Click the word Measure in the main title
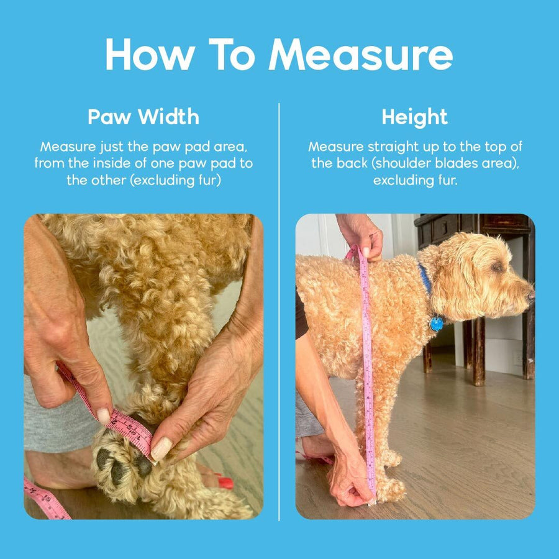tap(360, 54)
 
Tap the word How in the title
tap(150, 54)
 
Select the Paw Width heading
tap(143, 117)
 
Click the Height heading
tap(415, 117)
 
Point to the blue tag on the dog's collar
tap(436, 324)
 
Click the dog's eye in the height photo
tap(497, 266)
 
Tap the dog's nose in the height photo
tap(531, 294)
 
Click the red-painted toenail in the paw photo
tap(225, 483)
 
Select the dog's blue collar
tap(425, 278)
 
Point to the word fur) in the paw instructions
tap(210, 180)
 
